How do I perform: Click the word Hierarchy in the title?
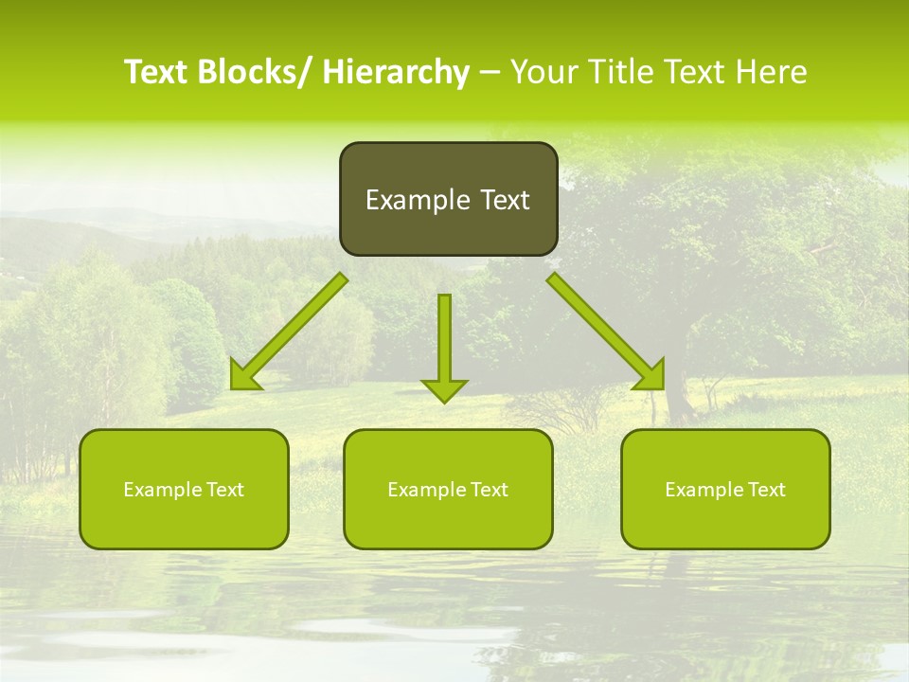pyautogui.click(x=395, y=73)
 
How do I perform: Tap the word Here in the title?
pyautogui.click(x=771, y=73)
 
